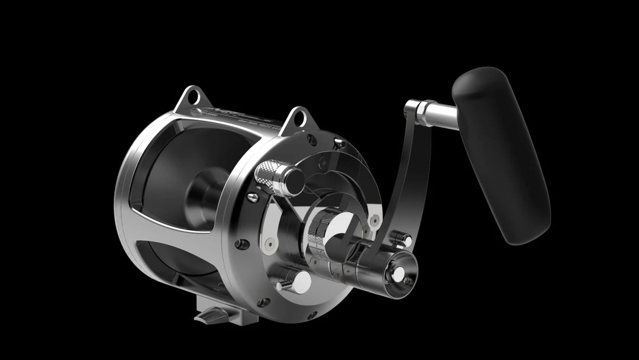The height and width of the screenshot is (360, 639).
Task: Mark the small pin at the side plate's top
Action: click(x=339, y=142)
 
